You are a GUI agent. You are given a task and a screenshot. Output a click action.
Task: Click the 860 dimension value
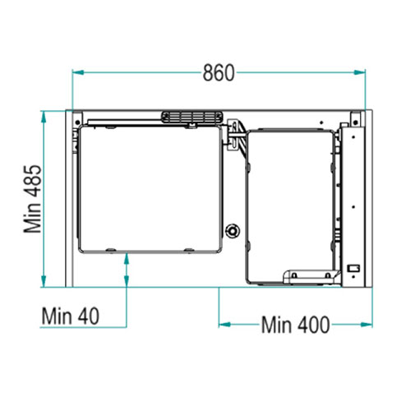pyautogui.click(x=219, y=73)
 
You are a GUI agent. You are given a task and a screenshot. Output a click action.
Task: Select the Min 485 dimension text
pyautogui.click(x=33, y=199)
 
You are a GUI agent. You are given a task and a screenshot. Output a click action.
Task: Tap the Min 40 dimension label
pyautogui.click(x=71, y=316)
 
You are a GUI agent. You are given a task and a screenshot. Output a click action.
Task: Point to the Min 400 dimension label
pyautogui.click(x=295, y=325)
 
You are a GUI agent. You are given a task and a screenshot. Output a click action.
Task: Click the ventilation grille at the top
pyautogui.click(x=192, y=118)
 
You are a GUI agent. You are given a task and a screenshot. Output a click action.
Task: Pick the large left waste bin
pyautogui.click(x=150, y=189)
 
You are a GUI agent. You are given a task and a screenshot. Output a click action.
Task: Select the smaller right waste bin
pyautogui.click(x=290, y=207)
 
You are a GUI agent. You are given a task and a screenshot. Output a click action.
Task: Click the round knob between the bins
pyautogui.click(x=233, y=231)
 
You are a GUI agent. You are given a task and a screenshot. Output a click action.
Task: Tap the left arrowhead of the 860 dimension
pyautogui.click(x=78, y=72)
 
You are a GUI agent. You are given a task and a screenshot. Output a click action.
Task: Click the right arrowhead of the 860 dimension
pyautogui.click(x=359, y=72)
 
